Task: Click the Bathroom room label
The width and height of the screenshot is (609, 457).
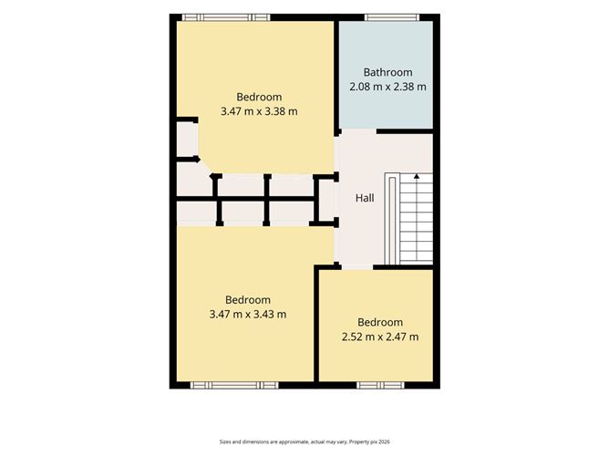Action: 387,72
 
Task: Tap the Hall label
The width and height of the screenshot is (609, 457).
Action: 365,198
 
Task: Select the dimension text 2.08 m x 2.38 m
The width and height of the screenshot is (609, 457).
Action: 387,87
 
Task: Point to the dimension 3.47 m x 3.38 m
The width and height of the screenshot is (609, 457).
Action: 259,111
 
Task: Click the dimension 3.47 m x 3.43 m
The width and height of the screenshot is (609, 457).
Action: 248,314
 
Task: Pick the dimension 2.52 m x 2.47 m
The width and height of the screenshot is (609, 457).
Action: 380,337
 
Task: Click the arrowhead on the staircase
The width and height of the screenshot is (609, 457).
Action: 417,176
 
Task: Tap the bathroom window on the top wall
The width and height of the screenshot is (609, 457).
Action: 392,17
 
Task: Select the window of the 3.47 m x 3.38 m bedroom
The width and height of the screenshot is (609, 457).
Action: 226,17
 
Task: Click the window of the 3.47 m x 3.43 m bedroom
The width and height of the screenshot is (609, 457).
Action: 234,385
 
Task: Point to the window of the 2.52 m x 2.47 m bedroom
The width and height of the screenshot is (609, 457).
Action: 381,385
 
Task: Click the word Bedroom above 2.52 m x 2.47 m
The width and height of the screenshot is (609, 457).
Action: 380,322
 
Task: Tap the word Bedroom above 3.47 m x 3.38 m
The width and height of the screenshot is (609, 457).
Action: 259,98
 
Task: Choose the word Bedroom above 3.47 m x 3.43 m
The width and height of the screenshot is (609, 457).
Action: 248,300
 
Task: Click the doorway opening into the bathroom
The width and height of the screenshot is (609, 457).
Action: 359,131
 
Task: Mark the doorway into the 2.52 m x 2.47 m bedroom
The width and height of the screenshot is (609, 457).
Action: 357,267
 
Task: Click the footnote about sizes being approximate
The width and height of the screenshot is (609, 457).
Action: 304,441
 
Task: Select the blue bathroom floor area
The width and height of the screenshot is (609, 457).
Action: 386,75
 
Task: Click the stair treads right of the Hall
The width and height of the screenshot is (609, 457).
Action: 417,218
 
